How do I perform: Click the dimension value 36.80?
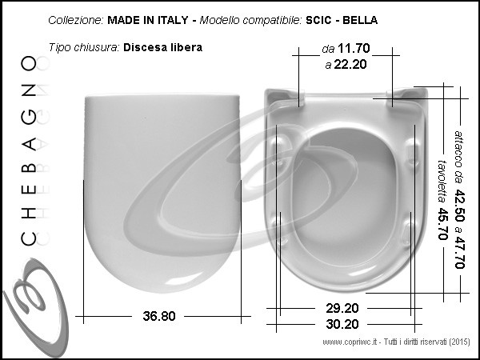click(159, 316)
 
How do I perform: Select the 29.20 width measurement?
click(342, 308)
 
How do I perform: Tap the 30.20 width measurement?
click(342, 324)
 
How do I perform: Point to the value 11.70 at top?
click(354, 48)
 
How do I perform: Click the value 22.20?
click(350, 64)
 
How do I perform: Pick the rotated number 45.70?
click(442, 224)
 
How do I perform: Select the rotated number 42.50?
click(459, 206)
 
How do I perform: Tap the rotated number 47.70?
click(459, 252)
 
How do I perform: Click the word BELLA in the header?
click(360, 20)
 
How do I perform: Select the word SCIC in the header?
click(318, 20)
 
